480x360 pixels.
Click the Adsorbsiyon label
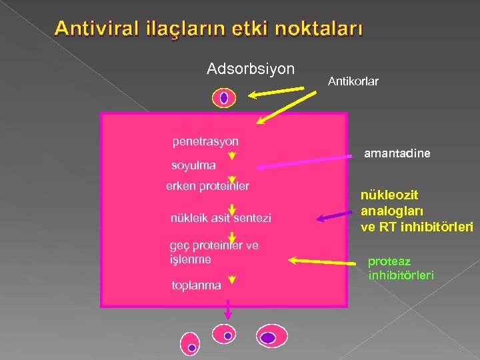click(251, 69)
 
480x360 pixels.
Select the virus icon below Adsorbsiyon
click(224, 98)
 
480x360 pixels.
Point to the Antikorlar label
click(353, 81)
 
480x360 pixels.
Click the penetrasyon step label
click(205, 141)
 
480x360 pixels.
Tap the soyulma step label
click(193, 165)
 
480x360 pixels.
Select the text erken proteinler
click(207, 186)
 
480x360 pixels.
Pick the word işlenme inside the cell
click(190, 259)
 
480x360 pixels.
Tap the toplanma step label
click(196, 285)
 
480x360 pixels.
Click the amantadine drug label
click(397, 153)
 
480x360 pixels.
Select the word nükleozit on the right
click(389, 195)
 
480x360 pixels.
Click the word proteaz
click(389, 261)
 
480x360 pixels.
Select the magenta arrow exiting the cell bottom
click(228, 310)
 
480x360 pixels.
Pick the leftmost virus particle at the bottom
click(191, 343)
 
